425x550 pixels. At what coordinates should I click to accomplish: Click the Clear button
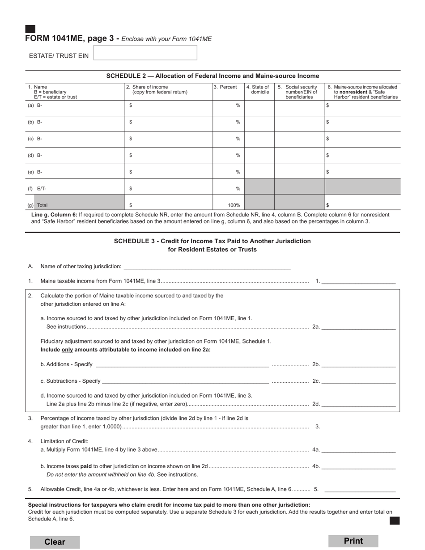click(55, 542)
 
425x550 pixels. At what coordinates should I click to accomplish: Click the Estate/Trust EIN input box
click(145, 53)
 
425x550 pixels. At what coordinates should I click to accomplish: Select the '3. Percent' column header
click(225, 87)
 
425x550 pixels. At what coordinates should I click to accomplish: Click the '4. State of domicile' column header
click(259, 90)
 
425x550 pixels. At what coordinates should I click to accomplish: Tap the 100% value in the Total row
click(233, 205)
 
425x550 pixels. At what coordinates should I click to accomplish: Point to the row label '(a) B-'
click(35, 105)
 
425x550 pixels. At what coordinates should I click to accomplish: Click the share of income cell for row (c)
click(168, 139)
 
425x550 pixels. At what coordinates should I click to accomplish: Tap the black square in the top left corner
click(30, 29)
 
